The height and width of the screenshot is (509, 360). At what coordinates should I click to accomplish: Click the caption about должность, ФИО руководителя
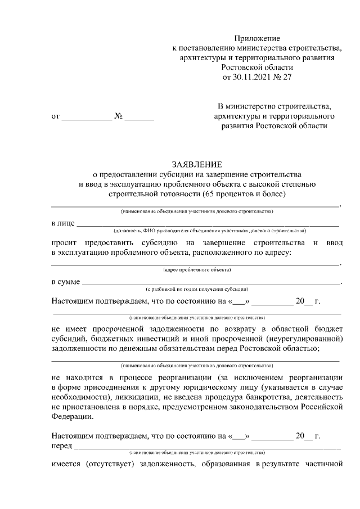coord(209,231)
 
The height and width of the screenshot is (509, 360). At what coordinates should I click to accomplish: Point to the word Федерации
coord(69,417)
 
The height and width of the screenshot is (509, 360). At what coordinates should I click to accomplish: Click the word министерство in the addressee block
coord(258,106)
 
